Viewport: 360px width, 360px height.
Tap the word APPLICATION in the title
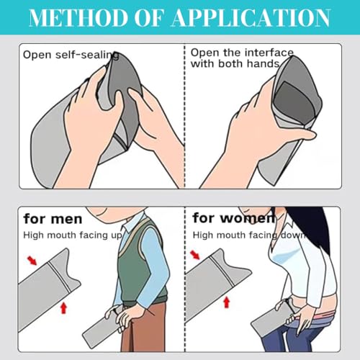[251, 18]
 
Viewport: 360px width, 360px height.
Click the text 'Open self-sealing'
[71, 55]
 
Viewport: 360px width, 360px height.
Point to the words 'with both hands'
[235, 64]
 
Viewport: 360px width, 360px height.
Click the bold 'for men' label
[53, 219]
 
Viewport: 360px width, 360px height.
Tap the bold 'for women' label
[233, 218]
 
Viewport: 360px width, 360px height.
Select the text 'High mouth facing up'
[73, 235]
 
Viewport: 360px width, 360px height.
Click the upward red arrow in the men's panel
[63, 308]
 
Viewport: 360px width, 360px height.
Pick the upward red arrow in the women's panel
[227, 302]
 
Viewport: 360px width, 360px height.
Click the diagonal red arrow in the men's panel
[32, 261]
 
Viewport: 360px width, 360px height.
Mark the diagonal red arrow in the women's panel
[194, 255]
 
